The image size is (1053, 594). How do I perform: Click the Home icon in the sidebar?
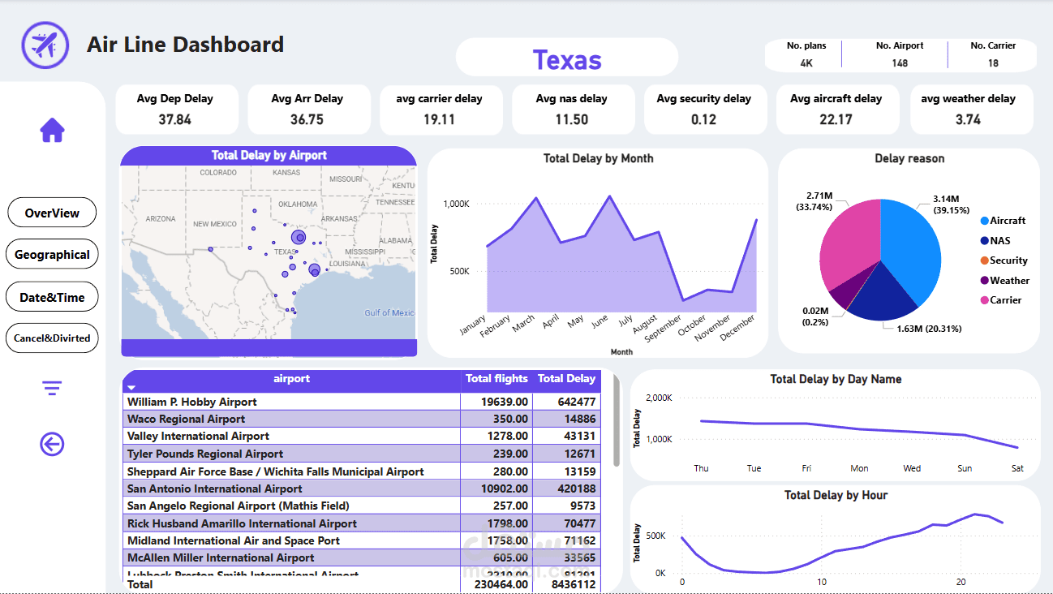pyautogui.click(x=52, y=130)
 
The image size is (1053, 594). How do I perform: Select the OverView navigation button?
pyautogui.click(x=52, y=213)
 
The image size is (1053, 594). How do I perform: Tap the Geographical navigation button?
pyautogui.click(x=52, y=254)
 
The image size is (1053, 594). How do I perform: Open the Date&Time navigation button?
pyautogui.click(x=52, y=297)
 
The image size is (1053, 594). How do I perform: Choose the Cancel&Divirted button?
pyautogui.click(x=52, y=338)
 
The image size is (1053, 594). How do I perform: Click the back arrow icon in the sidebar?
pyautogui.click(x=52, y=444)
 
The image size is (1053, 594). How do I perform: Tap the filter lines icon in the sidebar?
pyautogui.click(x=52, y=389)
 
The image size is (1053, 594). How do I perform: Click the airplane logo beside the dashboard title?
pyautogui.click(x=45, y=45)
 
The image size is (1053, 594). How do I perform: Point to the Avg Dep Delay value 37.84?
pyautogui.click(x=175, y=119)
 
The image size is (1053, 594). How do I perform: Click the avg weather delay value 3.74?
pyautogui.click(x=968, y=119)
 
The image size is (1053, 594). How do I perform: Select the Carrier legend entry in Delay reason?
pyautogui.click(x=1005, y=300)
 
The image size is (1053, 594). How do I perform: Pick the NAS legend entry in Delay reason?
pyautogui.click(x=999, y=240)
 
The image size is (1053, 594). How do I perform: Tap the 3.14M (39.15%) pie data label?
pyautogui.click(x=946, y=204)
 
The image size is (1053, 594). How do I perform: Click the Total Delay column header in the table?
pyautogui.click(x=566, y=379)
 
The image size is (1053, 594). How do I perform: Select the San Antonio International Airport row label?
pyautogui.click(x=215, y=489)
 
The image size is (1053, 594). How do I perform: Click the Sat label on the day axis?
pyautogui.click(x=1017, y=468)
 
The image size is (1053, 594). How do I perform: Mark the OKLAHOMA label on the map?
pyautogui.click(x=298, y=204)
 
